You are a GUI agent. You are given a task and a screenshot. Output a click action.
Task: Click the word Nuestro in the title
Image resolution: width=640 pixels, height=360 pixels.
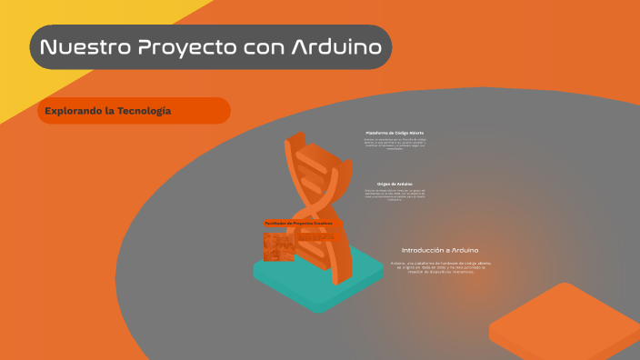click(81, 47)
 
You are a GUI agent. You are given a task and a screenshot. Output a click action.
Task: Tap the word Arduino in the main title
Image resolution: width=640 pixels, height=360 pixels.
click(335, 47)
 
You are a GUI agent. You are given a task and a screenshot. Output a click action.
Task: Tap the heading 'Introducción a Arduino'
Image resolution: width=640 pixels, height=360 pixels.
click(440, 249)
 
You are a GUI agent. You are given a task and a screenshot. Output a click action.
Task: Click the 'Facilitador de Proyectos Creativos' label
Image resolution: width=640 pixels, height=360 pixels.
click(297, 223)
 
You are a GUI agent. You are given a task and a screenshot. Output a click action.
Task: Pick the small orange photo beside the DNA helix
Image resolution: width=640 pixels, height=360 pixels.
click(277, 247)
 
